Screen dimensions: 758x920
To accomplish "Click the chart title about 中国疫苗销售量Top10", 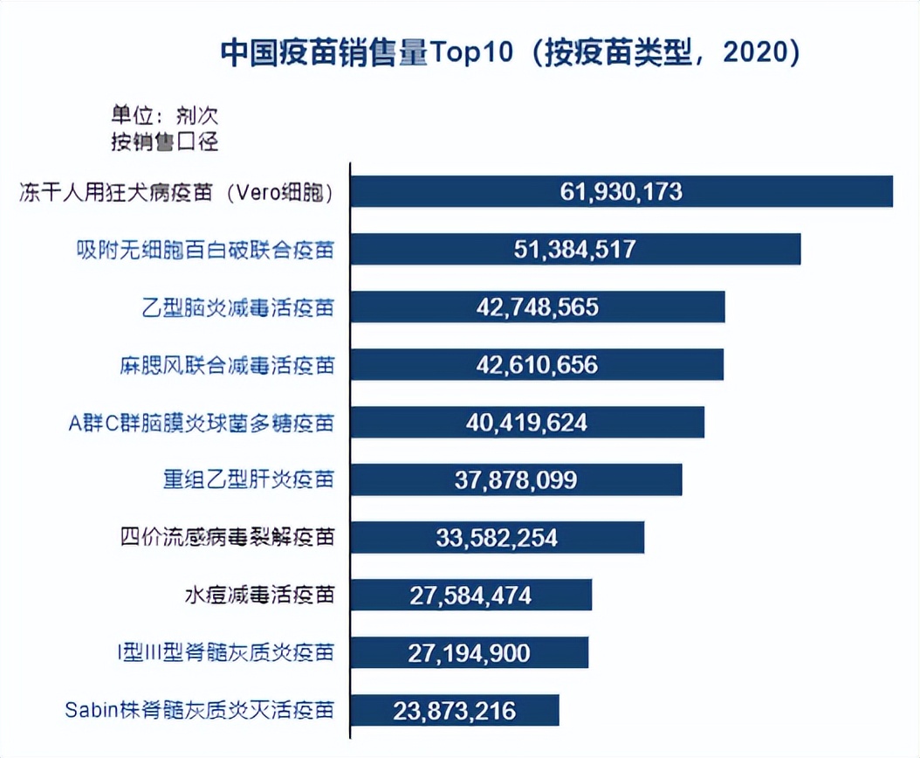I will click(x=510, y=53).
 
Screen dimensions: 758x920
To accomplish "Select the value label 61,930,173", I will click(x=621, y=192).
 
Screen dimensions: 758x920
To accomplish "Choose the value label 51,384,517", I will click(x=575, y=250).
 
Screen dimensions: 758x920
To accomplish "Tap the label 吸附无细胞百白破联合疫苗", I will click(x=202, y=251).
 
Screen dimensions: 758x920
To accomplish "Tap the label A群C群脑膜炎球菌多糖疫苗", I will click(x=201, y=424).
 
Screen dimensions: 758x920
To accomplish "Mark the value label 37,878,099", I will click(x=516, y=480).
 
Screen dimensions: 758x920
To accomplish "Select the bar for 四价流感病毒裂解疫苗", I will click(x=498, y=538).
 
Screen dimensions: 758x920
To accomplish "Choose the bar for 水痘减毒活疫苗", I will click(x=471, y=596).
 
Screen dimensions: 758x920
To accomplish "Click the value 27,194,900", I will click(x=469, y=653).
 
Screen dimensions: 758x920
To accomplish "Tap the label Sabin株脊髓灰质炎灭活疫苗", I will click(x=200, y=710).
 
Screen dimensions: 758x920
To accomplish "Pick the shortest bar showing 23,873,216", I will click(x=455, y=711).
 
